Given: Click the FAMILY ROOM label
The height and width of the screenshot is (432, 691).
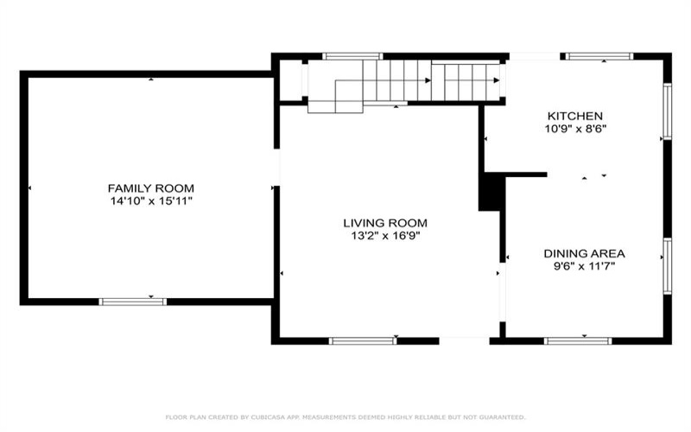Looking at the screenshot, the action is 150,188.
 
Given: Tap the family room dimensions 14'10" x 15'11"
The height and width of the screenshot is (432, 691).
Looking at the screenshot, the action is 151,201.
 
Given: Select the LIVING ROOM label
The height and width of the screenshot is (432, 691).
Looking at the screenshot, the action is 385,223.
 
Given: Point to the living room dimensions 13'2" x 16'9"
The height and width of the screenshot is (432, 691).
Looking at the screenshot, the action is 385,236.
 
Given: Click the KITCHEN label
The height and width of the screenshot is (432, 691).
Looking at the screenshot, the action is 575,116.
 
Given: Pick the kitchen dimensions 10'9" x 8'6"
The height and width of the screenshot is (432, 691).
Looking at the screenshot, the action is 575,129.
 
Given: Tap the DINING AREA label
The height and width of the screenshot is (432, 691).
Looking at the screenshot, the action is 585,253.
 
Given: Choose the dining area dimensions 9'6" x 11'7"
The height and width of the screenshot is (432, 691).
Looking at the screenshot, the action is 585,266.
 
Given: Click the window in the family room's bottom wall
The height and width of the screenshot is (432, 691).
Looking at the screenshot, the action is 133,302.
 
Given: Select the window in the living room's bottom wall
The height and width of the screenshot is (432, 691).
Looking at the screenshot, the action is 363,340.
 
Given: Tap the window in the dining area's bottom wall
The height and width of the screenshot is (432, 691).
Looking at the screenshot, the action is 578,340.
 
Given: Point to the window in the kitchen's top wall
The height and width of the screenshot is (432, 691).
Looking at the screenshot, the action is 599,56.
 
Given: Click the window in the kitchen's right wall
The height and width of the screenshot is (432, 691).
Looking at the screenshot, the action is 668,111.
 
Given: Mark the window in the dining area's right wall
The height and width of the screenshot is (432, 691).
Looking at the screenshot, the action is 668,266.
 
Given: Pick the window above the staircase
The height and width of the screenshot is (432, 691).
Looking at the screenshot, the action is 352,56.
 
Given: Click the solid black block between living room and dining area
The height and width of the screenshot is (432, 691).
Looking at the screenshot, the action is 490,192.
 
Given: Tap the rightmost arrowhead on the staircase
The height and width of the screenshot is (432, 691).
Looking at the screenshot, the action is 497,80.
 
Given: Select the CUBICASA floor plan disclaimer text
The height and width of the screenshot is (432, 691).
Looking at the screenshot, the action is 345,417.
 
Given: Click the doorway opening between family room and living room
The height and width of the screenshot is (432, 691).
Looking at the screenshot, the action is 276,167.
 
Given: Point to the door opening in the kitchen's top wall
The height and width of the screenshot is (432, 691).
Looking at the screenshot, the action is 535,56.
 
